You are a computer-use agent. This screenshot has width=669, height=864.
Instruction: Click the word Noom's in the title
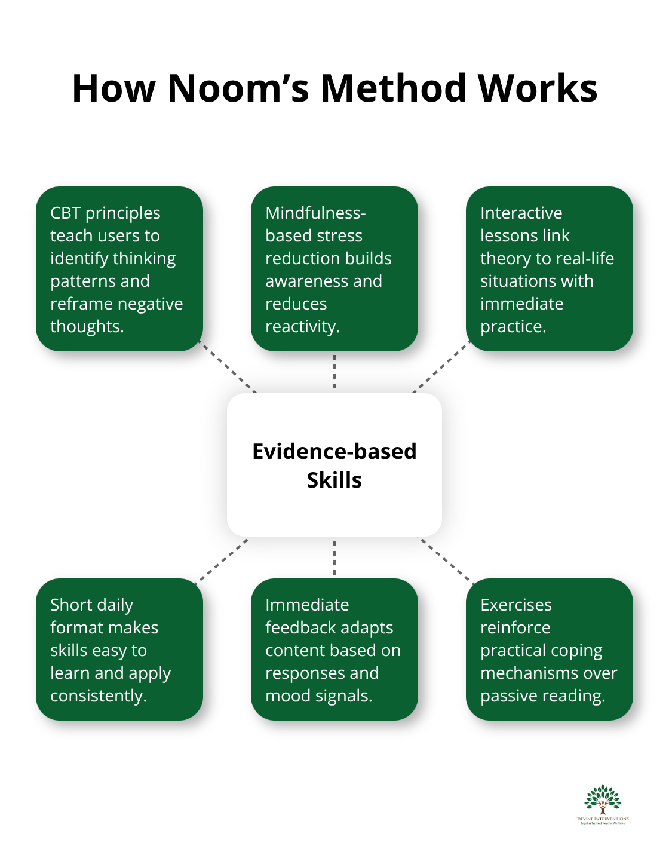point(238,88)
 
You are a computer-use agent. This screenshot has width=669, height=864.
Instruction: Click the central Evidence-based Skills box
point(334,465)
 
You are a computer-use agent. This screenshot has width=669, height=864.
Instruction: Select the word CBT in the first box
point(65,213)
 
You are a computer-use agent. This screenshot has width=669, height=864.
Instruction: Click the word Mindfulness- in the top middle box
point(315,213)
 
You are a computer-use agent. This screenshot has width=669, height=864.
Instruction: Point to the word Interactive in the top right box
point(521,213)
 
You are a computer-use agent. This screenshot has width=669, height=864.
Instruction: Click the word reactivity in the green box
point(301,327)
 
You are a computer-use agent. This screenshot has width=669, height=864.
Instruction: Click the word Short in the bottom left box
point(71,605)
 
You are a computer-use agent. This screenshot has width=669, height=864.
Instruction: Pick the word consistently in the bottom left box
point(97,696)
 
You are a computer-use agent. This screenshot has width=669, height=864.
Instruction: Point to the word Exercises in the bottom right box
point(516,605)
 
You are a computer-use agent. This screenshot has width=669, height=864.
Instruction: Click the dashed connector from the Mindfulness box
point(334,372)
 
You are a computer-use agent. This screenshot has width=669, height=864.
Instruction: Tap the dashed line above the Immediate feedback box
point(334,557)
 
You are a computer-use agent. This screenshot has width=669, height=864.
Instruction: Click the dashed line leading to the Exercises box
point(446,560)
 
